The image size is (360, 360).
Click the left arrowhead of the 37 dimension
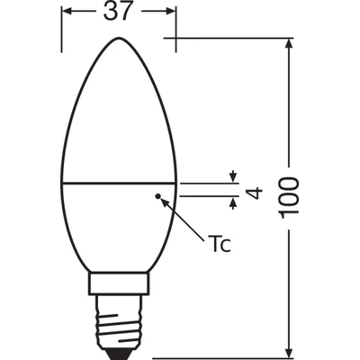[65, 12]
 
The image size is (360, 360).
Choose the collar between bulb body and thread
[117, 287]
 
